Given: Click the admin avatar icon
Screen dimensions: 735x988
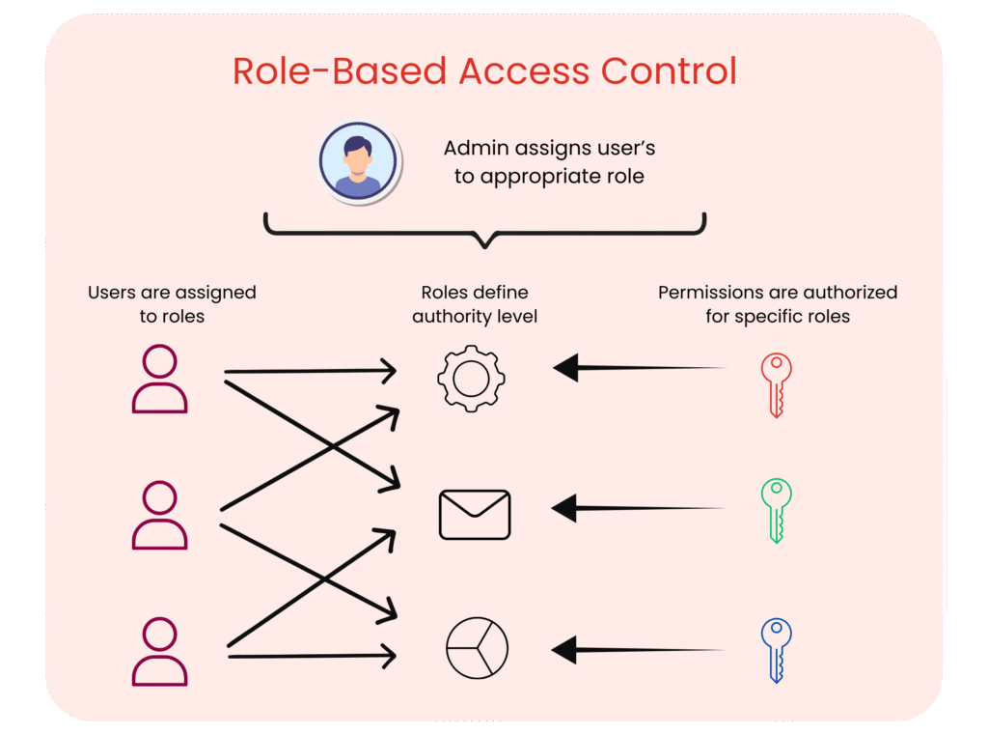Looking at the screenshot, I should pyautogui.click(x=358, y=162).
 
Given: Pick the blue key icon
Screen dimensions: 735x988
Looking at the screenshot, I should pyautogui.click(x=776, y=649).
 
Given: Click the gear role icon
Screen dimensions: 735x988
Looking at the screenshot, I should pyautogui.click(x=470, y=378).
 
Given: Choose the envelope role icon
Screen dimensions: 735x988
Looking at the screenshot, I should pyautogui.click(x=475, y=514).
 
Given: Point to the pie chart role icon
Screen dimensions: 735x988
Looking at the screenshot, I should pyautogui.click(x=477, y=648).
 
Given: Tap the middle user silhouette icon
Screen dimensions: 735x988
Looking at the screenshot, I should pyautogui.click(x=159, y=516).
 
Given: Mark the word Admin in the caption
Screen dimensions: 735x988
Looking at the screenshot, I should pyautogui.click(x=475, y=149).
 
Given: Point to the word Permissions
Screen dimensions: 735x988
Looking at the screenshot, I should pyautogui.click(x=710, y=292).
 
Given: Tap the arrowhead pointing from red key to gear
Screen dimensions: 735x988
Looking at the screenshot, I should pyautogui.click(x=565, y=368).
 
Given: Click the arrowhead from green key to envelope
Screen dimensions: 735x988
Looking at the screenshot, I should pyautogui.click(x=563, y=508).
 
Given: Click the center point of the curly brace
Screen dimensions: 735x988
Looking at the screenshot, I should pyautogui.click(x=484, y=237).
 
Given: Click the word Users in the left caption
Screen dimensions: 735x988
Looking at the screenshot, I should pyautogui.click(x=112, y=292).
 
